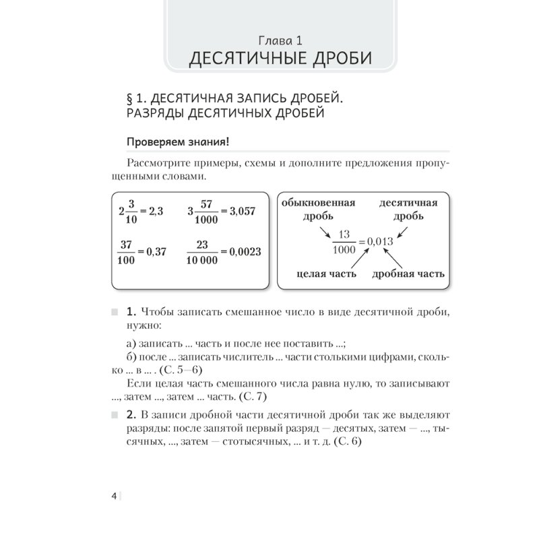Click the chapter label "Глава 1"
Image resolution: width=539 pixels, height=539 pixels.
pyautogui.click(x=280, y=38)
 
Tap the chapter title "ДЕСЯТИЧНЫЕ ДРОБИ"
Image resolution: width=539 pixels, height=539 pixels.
pyautogui.click(x=280, y=59)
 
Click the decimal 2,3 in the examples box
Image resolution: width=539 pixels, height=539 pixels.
pyautogui.click(x=156, y=211)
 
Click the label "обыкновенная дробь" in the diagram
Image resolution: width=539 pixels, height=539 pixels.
pyautogui.click(x=318, y=209)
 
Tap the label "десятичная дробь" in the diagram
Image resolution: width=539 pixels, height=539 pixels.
pyautogui.click(x=408, y=209)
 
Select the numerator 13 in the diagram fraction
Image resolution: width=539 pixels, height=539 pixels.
pyautogui.click(x=344, y=234)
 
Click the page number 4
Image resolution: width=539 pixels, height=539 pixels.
pyautogui.click(x=115, y=497)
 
